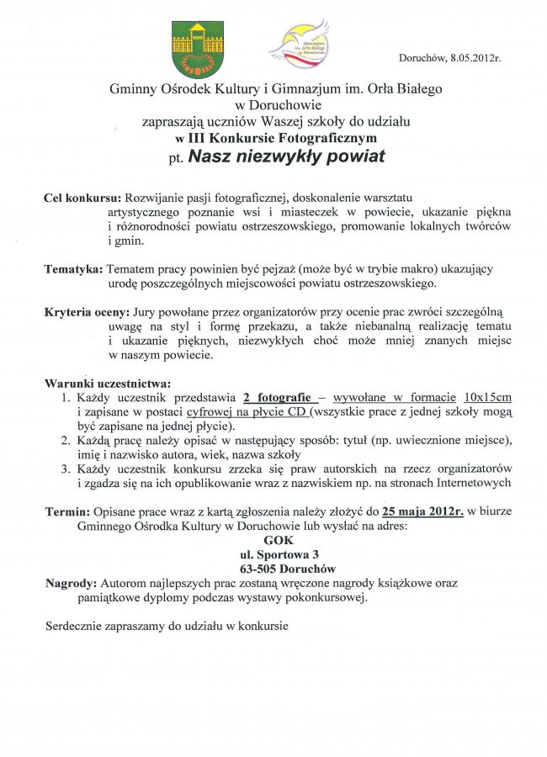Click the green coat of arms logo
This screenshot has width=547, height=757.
click(198, 49)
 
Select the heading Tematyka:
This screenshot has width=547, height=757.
click(73, 268)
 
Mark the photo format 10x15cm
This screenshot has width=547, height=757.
click(488, 398)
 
